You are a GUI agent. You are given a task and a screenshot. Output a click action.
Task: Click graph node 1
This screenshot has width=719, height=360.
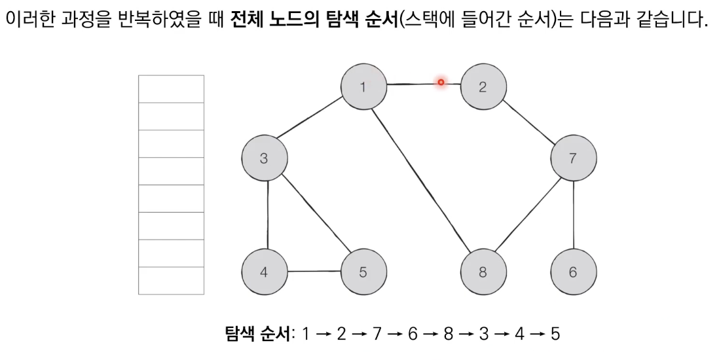point(363,86)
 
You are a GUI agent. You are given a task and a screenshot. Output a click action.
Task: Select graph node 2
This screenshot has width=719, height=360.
point(483,86)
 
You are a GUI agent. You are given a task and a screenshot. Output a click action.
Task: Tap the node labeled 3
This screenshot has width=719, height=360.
point(265,158)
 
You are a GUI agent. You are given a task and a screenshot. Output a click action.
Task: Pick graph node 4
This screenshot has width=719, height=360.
point(265,272)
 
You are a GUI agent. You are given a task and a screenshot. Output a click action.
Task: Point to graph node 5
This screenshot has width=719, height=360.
point(363,272)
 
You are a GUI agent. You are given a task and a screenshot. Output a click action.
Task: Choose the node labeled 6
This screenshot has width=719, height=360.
point(574,272)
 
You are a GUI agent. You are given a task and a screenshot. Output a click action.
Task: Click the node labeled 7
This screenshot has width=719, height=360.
point(574,158)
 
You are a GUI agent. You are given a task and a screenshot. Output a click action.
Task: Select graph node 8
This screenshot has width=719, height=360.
point(483,272)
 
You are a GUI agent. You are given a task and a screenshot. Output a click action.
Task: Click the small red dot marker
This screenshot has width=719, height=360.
point(441,82)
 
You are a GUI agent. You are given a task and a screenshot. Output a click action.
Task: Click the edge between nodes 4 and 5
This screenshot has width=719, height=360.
point(314,272)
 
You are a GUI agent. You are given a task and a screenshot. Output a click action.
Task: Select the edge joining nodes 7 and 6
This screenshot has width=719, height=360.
point(574,215)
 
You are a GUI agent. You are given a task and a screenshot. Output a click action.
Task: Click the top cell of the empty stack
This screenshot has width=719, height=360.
point(171,89)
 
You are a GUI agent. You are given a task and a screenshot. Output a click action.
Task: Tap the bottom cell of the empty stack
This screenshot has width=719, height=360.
point(171,281)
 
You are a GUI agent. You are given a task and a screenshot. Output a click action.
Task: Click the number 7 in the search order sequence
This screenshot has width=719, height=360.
point(377,333)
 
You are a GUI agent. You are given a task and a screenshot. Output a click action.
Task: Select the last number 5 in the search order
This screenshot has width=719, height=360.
point(555,333)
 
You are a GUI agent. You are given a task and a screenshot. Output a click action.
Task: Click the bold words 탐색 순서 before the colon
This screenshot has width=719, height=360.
point(257,333)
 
